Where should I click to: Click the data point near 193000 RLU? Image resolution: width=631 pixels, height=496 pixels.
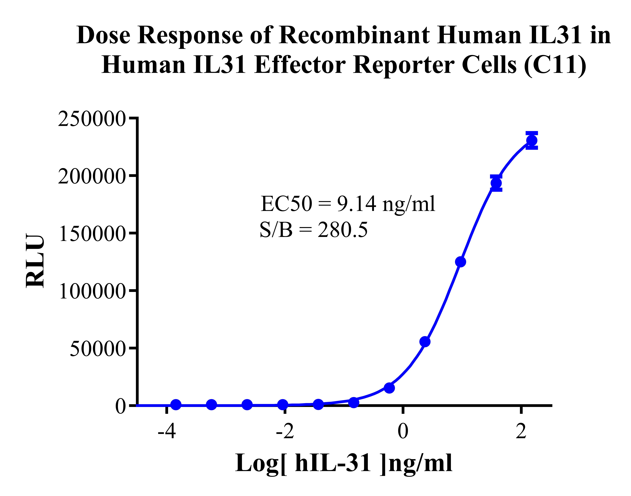click(x=496, y=183)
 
